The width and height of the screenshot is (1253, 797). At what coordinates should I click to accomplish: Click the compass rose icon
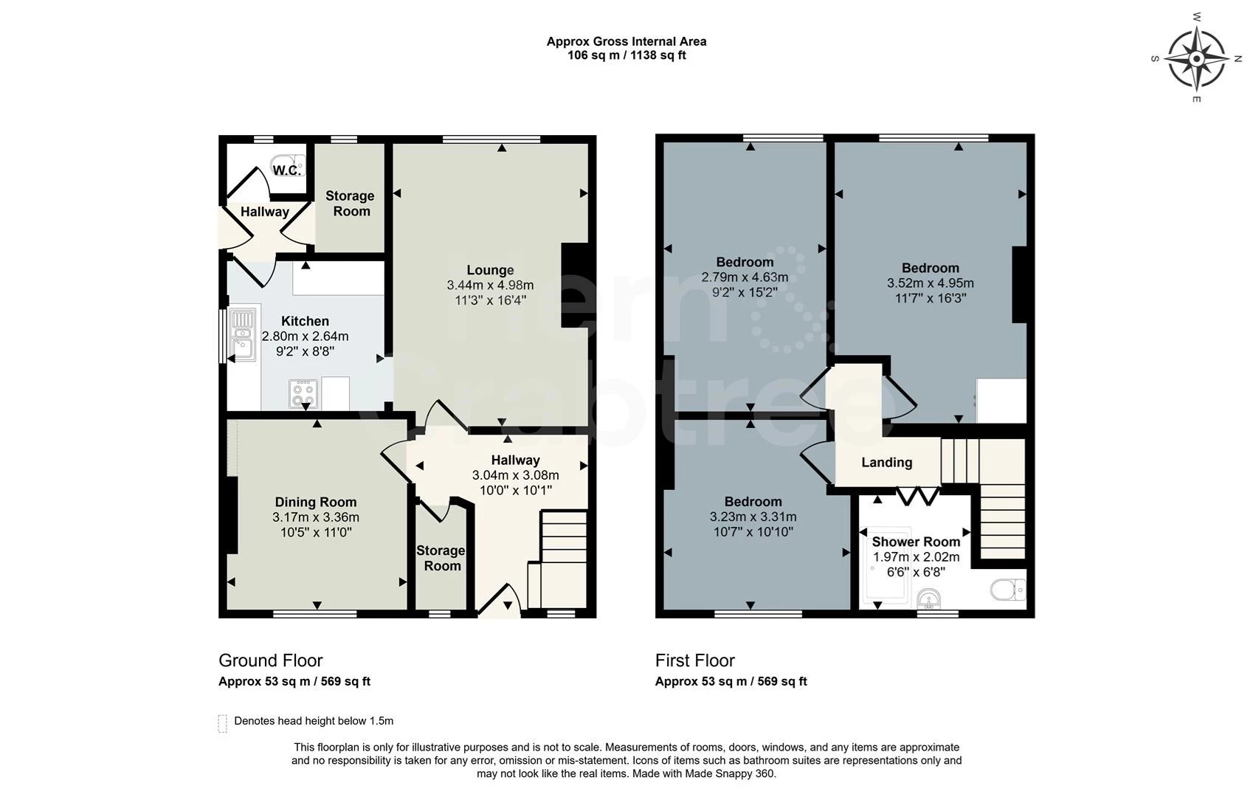click(x=1197, y=58)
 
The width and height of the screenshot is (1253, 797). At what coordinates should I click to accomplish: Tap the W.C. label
click(x=286, y=170)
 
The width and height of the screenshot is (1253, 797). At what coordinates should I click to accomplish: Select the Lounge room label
click(x=490, y=270)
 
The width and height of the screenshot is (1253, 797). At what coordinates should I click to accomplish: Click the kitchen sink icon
click(x=242, y=335)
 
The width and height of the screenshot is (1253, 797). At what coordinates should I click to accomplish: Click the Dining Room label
click(x=316, y=502)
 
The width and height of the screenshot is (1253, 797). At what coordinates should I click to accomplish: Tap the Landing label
click(x=886, y=463)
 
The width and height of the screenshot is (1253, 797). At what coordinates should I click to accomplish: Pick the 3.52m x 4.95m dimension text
click(x=930, y=283)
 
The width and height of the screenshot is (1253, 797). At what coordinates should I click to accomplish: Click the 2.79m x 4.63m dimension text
click(x=745, y=277)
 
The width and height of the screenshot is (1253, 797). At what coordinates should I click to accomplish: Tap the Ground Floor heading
click(x=270, y=660)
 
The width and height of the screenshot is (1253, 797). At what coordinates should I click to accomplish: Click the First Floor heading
click(x=694, y=660)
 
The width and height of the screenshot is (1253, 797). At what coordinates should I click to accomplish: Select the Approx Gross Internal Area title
click(x=626, y=42)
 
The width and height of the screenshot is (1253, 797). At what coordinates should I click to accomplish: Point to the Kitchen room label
click(x=305, y=321)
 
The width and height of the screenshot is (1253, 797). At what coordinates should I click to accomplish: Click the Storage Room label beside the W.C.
click(x=350, y=203)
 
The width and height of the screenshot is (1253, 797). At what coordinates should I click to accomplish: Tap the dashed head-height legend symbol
click(x=222, y=723)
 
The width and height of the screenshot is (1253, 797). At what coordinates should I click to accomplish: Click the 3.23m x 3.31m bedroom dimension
click(x=753, y=517)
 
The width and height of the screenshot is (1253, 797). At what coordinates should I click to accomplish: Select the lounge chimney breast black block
click(x=574, y=285)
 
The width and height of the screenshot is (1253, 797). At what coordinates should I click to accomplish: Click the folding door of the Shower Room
click(x=917, y=495)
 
